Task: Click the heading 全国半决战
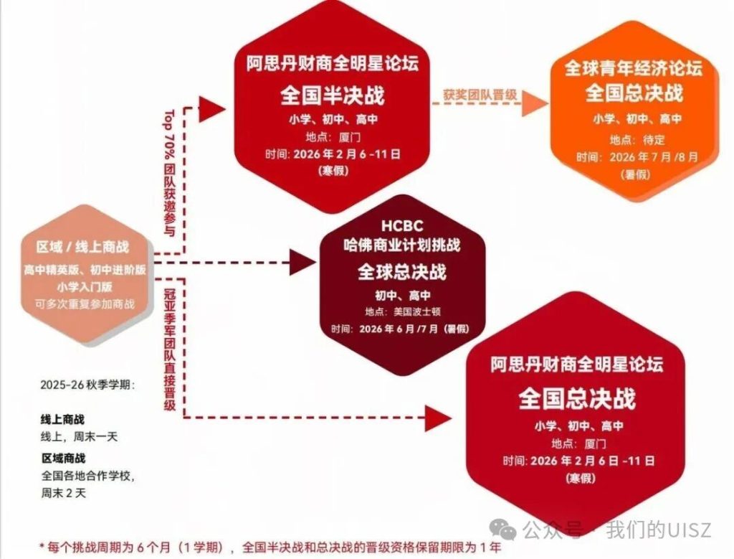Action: (333, 95)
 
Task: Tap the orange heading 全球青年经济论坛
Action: (634, 68)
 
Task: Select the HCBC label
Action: (402, 226)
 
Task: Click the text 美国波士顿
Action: (417, 311)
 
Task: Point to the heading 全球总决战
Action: (402, 272)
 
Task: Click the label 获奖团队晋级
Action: (480, 95)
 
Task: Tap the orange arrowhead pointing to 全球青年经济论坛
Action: (535, 103)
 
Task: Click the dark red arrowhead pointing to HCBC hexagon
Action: (303, 263)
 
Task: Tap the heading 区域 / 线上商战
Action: (82, 248)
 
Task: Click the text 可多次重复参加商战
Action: (85, 304)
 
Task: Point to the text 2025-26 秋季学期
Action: (87, 385)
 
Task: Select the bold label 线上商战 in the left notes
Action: (63, 419)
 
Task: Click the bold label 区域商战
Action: (64, 459)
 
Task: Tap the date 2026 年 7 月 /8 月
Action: (654, 157)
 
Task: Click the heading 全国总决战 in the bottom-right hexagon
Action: (577, 399)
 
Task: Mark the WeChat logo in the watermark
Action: (502, 529)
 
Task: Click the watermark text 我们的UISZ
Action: (659, 530)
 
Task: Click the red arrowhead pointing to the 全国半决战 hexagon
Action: (212, 109)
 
